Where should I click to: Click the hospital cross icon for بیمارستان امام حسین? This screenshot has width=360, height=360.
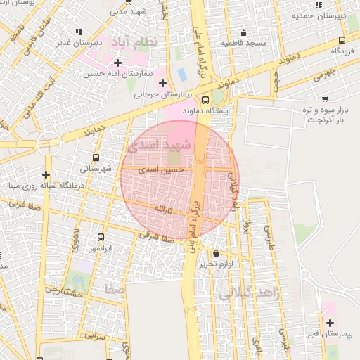coord(127,62)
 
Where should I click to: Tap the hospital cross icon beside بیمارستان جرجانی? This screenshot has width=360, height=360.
coord(162,83)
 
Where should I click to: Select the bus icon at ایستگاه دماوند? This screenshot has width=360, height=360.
coord(206,100)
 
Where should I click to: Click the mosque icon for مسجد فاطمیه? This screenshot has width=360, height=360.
coord(244,32)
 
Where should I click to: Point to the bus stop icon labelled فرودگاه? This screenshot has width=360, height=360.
coord(342,40)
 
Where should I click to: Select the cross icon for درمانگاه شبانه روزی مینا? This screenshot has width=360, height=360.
coord(46,174)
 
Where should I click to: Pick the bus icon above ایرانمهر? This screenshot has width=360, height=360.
coord(101,238)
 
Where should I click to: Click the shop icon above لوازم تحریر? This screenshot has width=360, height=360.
coord(215,253)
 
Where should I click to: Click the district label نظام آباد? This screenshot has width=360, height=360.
coord(139,42)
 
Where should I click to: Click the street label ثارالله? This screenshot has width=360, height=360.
coord(162,210)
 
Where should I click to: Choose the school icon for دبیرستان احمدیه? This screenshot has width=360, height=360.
coord(319,5)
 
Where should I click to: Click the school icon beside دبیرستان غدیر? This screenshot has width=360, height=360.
coord(78,32)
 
